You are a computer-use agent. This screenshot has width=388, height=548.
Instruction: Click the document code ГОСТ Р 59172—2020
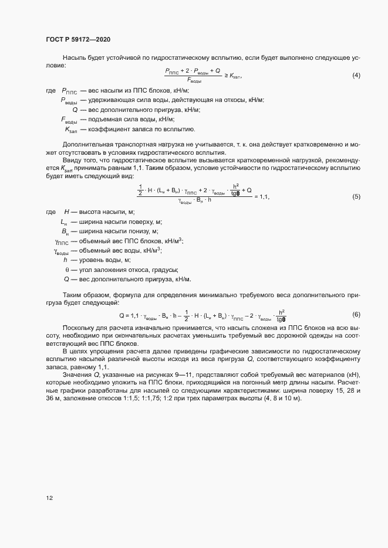(x=78, y=39)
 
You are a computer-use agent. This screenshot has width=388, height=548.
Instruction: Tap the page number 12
(x=50, y=498)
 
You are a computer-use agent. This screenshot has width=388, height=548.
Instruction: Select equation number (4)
(x=356, y=76)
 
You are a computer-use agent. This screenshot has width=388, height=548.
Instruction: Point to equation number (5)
(x=356, y=196)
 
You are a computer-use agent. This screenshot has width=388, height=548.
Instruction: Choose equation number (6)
(x=356, y=315)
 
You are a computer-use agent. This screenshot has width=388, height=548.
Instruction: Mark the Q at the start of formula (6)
(x=122, y=315)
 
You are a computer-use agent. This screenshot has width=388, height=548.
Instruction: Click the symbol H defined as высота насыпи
(x=67, y=212)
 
